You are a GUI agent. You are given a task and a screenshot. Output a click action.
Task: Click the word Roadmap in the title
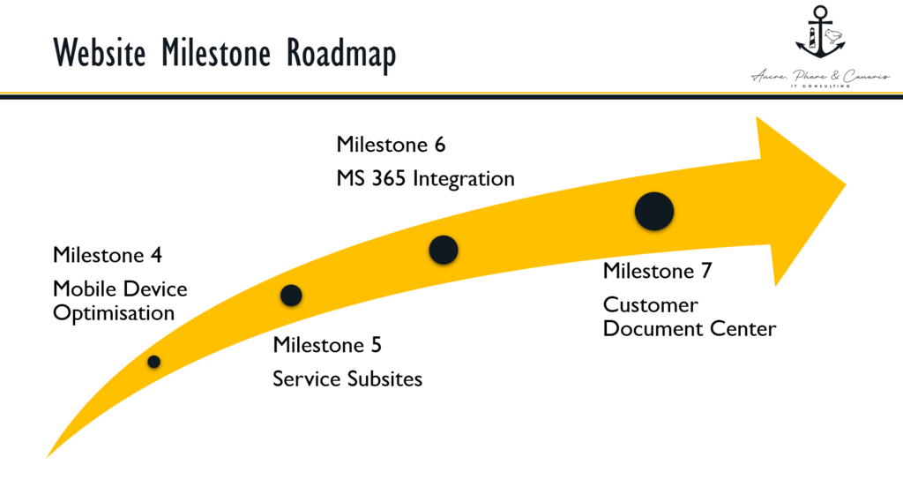[x=341, y=53]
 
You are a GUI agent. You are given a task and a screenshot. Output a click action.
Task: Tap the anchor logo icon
[x=820, y=35]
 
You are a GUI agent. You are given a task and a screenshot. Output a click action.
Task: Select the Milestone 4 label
[x=108, y=256]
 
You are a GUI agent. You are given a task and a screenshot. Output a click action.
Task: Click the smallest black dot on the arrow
[x=154, y=361]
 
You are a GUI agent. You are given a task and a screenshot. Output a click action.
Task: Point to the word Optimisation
[x=114, y=313]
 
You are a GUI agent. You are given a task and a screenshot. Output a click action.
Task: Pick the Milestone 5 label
[x=327, y=345]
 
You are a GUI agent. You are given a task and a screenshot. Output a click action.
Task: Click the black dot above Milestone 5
[x=291, y=295]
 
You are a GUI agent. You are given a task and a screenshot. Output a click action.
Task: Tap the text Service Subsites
[x=347, y=379]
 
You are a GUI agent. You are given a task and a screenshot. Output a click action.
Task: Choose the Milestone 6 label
[x=391, y=145]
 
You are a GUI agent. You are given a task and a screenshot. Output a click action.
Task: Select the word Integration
[x=464, y=178]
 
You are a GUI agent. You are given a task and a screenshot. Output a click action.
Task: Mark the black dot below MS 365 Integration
[x=444, y=250]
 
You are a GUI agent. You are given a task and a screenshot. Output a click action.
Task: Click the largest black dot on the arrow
[x=654, y=211]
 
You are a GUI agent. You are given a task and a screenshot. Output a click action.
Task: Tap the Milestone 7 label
[x=657, y=272]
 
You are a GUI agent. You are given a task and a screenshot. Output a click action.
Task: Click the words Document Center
[x=690, y=330]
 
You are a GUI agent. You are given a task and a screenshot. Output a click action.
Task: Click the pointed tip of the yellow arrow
[x=843, y=184]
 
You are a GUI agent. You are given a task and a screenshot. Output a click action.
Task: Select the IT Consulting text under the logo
[x=820, y=86]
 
